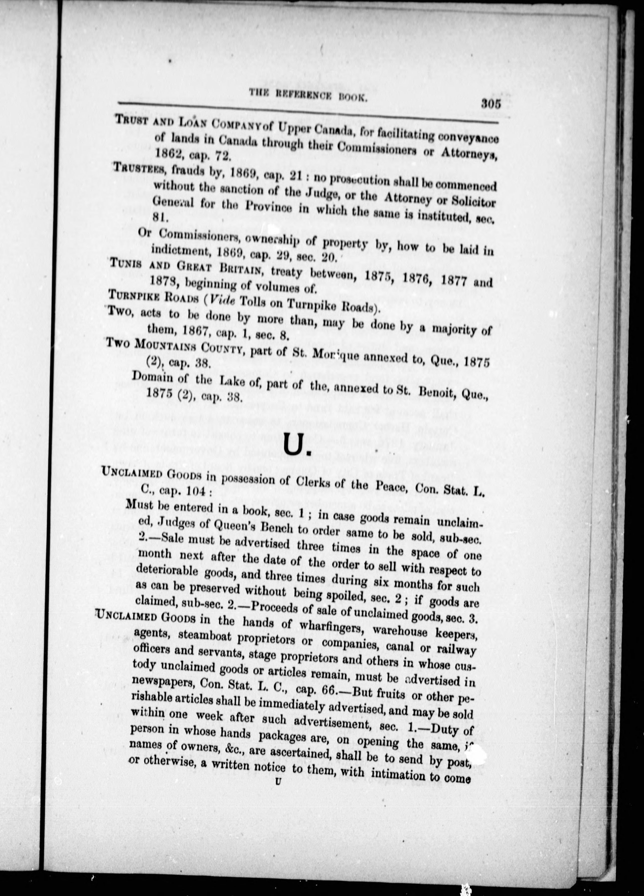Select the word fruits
coord(389,694)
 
